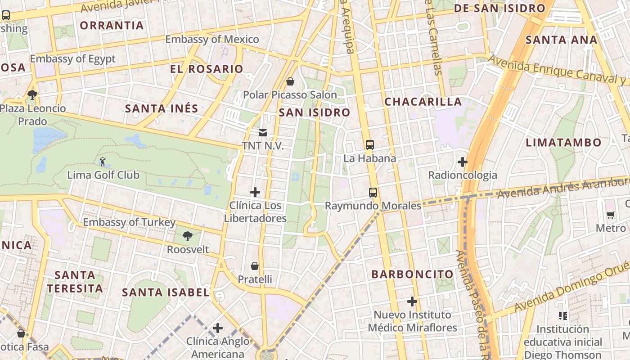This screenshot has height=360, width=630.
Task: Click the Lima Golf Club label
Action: tap(103, 175)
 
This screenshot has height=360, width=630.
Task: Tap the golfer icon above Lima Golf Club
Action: tap(103, 161)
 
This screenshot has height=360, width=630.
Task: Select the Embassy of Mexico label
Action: tap(212, 40)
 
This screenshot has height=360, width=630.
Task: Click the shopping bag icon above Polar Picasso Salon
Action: tap(290, 81)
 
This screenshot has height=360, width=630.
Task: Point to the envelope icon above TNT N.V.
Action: tap(262, 133)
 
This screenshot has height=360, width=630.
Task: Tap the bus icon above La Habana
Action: tap(369, 145)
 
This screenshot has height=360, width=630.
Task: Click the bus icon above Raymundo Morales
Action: tap(373, 193)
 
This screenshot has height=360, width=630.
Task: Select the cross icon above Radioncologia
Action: tap(462, 162)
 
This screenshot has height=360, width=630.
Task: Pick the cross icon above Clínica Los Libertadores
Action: tap(255, 193)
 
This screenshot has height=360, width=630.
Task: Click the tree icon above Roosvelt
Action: tap(188, 236)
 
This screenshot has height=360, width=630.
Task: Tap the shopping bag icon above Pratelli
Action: tap(255, 266)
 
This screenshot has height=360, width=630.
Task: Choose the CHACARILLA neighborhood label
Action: tap(423, 102)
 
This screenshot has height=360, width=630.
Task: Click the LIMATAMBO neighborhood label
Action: tap(563, 143)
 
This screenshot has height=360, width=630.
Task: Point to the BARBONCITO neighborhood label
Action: tap(413, 274)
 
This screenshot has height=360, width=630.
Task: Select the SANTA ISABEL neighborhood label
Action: tap(166, 292)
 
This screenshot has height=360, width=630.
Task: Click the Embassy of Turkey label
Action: tap(129, 222)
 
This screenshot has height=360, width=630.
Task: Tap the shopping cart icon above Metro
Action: tap(610, 215)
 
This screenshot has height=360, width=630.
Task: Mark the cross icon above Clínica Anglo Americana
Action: tap(218, 328)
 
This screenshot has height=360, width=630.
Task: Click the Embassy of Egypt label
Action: tap(72, 59)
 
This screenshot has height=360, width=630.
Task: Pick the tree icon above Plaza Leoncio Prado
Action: tap(32, 95)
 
